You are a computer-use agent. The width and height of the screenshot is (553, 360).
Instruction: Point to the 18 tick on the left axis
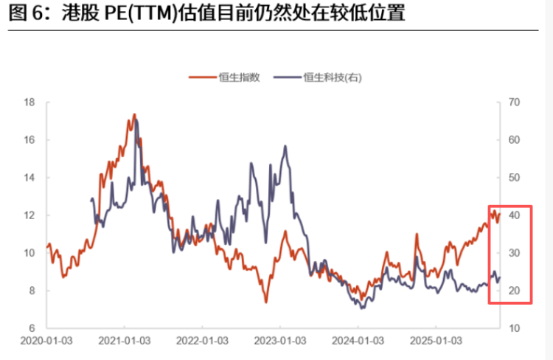tap(29, 102)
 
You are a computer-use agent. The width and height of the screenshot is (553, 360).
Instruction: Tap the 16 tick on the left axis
tap(29, 139)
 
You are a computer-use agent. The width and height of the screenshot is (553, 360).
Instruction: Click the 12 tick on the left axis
tap(29, 215)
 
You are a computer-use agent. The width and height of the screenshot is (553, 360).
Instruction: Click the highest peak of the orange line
tap(134, 114)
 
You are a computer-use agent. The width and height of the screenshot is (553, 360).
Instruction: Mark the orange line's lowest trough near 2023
tap(265, 302)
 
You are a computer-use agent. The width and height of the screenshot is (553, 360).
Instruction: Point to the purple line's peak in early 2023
tap(285, 147)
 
